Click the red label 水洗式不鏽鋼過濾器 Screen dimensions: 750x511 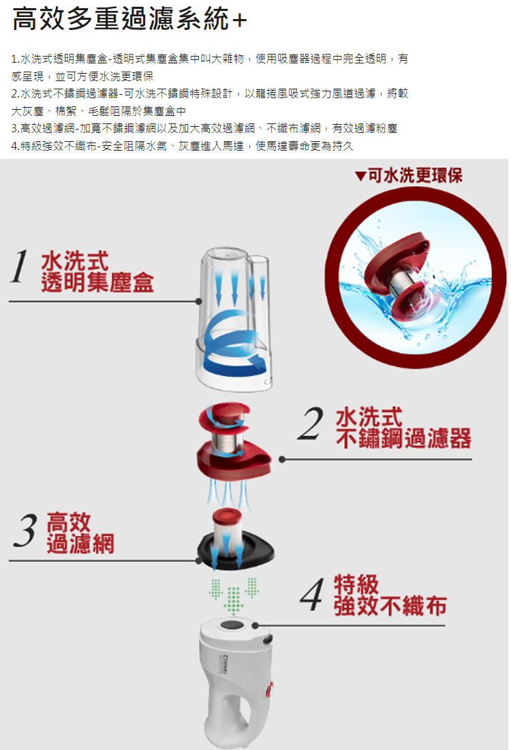coord(402,428)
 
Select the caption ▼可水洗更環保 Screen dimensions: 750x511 coord(409,176)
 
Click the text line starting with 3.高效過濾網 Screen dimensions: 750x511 coord(204,127)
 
